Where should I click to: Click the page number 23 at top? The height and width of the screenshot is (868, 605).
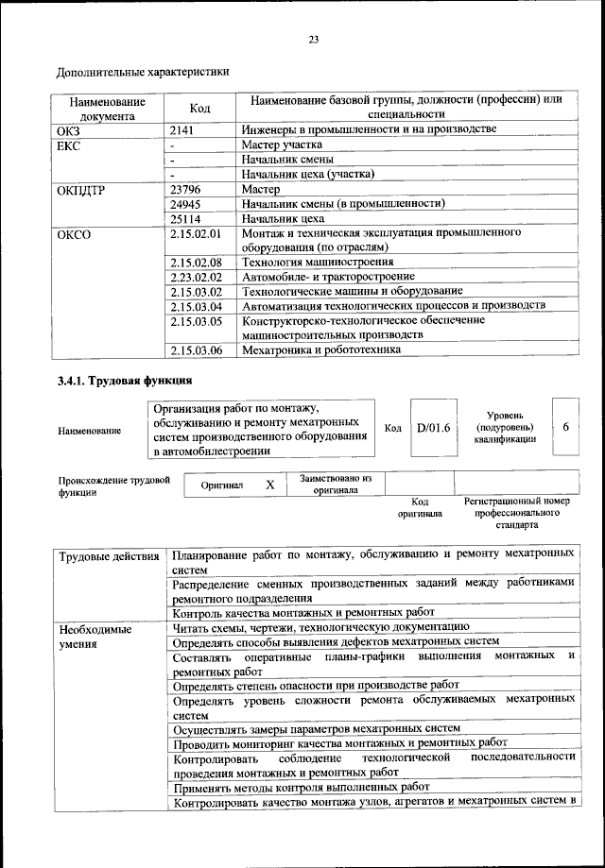pyautogui.click(x=313, y=39)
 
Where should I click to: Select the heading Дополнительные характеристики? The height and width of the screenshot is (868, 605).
pyautogui.click(x=143, y=73)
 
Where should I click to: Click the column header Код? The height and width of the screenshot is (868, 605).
pyautogui.click(x=199, y=109)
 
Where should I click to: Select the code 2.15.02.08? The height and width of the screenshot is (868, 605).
pyautogui.click(x=196, y=262)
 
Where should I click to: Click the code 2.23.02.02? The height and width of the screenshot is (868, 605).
pyautogui.click(x=196, y=277)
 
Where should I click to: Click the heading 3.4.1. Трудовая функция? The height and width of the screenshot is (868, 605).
pyautogui.click(x=125, y=382)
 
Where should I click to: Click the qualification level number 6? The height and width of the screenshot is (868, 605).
pyautogui.click(x=565, y=427)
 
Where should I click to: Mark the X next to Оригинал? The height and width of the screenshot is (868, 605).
pyautogui.click(x=269, y=485)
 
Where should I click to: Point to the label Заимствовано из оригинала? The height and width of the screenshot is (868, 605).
pyautogui.click(x=336, y=485)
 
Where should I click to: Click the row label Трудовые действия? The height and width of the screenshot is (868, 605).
pyautogui.click(x=109, y=556)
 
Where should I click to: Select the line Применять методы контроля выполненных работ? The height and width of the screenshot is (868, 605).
pyautogui.click(x=302, y=786)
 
